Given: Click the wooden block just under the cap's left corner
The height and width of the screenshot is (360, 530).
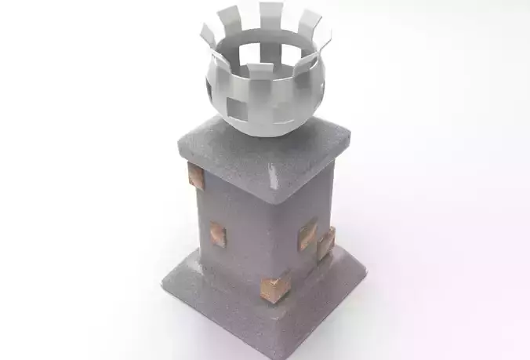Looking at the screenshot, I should point(196,176).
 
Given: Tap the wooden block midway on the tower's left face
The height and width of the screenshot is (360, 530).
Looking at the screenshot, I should point(216,234).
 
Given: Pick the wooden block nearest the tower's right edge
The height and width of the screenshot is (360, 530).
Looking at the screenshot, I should point(325,242).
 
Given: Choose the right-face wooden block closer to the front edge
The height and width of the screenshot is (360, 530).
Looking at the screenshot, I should point(307,234).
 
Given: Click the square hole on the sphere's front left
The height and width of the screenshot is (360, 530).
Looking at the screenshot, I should point(235,107).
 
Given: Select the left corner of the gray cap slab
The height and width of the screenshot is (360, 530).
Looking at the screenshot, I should point(180,141).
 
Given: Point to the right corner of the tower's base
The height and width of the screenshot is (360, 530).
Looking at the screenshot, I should point(365,269).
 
